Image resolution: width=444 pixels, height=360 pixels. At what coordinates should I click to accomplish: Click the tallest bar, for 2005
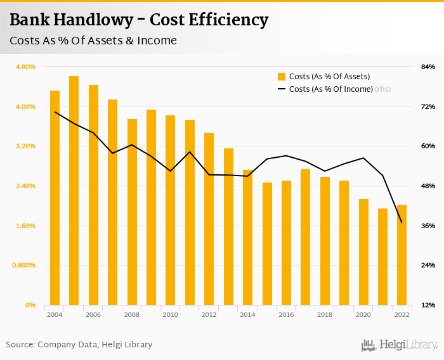74,190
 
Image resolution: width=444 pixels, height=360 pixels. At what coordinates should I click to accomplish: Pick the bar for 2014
247,237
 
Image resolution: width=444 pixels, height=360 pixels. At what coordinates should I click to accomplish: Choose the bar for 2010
171,210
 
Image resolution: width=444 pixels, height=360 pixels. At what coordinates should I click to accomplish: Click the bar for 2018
325,241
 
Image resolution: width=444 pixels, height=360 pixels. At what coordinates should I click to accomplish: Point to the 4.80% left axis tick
25,67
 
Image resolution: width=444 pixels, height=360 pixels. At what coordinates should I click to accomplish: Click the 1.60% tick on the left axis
25,226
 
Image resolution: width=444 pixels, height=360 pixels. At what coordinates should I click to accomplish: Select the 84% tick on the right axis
428,67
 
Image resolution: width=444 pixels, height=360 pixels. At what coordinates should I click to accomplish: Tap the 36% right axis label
428,226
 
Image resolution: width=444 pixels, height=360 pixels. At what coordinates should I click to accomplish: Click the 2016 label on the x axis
286,314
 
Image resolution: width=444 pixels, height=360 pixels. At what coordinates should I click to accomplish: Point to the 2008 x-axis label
132,314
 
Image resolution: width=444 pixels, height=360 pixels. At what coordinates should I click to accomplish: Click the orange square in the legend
282,77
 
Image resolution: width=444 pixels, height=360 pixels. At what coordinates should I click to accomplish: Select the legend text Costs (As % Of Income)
330,89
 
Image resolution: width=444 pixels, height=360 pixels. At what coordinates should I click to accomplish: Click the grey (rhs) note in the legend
382,89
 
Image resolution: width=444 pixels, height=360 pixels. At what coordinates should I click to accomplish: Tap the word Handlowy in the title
95,20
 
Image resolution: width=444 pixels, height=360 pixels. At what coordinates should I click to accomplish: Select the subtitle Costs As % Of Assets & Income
93,41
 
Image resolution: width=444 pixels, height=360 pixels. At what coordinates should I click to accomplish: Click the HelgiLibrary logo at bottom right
399,345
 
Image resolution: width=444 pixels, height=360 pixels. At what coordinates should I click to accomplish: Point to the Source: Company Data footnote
79,345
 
